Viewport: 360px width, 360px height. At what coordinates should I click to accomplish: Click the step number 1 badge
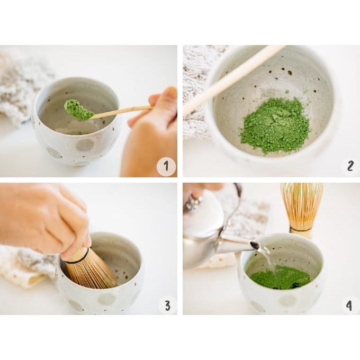click(166, 166)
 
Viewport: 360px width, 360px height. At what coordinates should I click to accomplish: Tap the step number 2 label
click(350, 166)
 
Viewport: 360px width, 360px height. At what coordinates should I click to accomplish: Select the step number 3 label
click(168, 305)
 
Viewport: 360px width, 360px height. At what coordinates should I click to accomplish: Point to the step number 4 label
click(349, 305)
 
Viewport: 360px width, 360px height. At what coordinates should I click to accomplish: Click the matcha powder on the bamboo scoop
click(78, 110)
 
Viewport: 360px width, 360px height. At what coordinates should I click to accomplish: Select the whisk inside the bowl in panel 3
click(89, 268)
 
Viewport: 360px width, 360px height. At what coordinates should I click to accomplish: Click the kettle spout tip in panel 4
click(257, 246)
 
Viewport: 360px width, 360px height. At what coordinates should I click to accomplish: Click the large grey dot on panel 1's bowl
click(85, 146)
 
